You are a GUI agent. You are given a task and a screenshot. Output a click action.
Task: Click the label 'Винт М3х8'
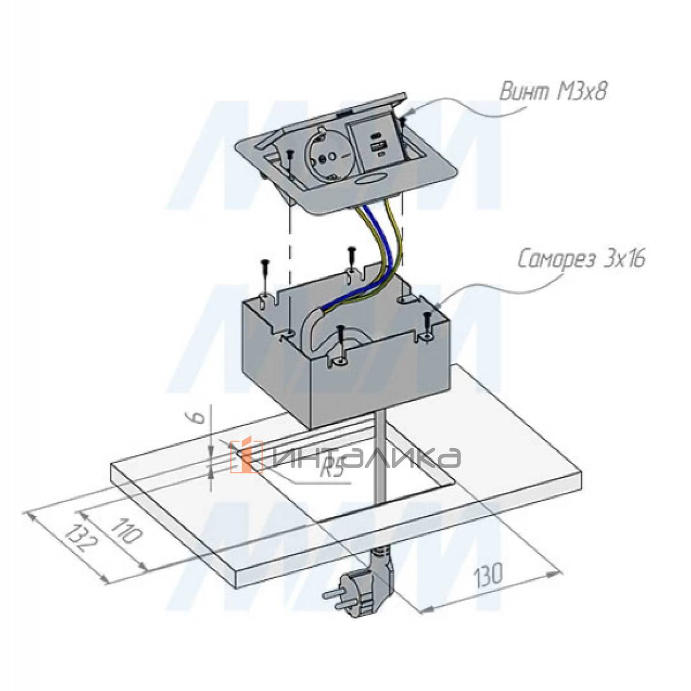[x=553, y=92]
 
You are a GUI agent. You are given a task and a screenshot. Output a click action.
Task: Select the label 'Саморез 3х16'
[x=580, y=260]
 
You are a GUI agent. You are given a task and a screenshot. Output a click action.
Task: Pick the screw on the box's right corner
[x=427, y=326]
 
